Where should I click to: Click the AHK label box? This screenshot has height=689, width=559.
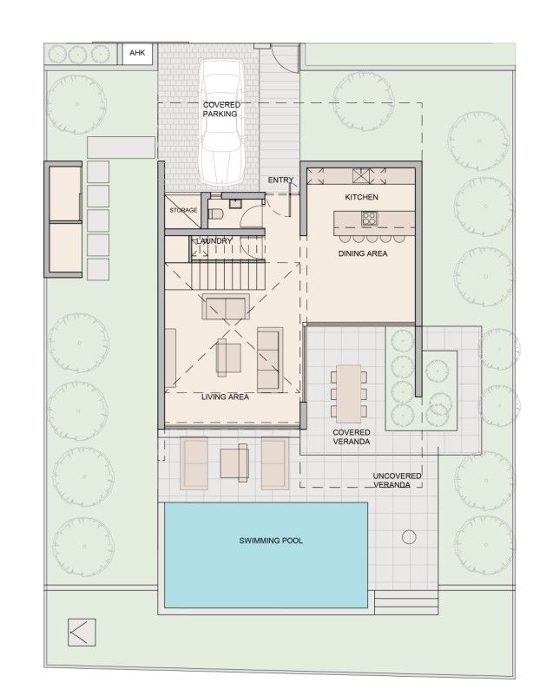pos(138,54)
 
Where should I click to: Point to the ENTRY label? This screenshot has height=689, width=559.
pos(280,180)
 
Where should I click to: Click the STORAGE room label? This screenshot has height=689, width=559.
pos(183,210)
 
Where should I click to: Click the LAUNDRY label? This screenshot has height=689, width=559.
pos(214,240)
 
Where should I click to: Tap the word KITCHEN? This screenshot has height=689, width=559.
pos(362,198)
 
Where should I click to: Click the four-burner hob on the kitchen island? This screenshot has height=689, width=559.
pos(370,177)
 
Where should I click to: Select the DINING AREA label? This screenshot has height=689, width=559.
pos(363,254)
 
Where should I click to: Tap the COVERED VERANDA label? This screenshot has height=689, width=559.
pos(352,436)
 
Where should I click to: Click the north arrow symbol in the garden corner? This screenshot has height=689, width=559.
pos(82,631)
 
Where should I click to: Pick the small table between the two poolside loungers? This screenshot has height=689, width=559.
pos(234,462)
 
